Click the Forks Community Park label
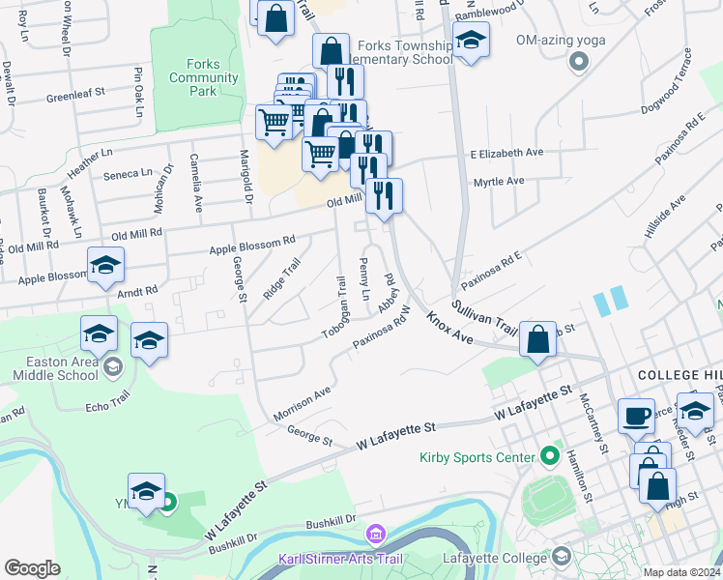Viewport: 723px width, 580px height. click(203, 77)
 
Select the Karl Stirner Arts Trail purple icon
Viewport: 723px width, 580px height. click(376, 534)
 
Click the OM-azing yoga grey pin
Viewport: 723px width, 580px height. click(579, 63)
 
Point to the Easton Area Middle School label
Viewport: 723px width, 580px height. click(49, 372)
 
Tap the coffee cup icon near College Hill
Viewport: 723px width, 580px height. click(635, 416)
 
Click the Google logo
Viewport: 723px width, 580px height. click(32, 568)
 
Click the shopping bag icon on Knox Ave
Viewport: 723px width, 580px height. click(538, 338)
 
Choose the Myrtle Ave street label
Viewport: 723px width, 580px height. click(499, 181)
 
